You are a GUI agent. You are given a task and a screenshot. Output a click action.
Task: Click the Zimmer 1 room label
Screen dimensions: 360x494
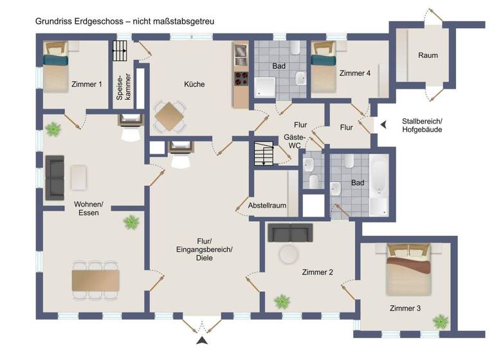(87, 84)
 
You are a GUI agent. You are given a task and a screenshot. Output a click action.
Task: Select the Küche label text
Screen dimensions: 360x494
(194, 84)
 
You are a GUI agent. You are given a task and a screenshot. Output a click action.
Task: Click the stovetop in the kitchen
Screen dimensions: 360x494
(241, 79)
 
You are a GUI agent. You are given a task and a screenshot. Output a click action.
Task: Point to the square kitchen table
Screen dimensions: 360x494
(169, 116)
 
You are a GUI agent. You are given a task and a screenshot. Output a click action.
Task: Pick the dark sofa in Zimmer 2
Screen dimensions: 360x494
(290, 231)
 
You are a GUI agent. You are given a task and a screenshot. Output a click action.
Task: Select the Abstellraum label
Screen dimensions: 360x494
(266, 206)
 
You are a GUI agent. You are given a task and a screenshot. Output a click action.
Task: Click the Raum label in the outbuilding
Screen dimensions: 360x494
(428, 55)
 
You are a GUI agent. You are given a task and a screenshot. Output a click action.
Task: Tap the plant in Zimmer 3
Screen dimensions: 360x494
(441, 320)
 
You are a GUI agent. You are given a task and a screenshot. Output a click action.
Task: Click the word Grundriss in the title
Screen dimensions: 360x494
(53, 21)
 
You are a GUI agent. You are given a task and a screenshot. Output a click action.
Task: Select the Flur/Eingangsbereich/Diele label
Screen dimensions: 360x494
(205, 249)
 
